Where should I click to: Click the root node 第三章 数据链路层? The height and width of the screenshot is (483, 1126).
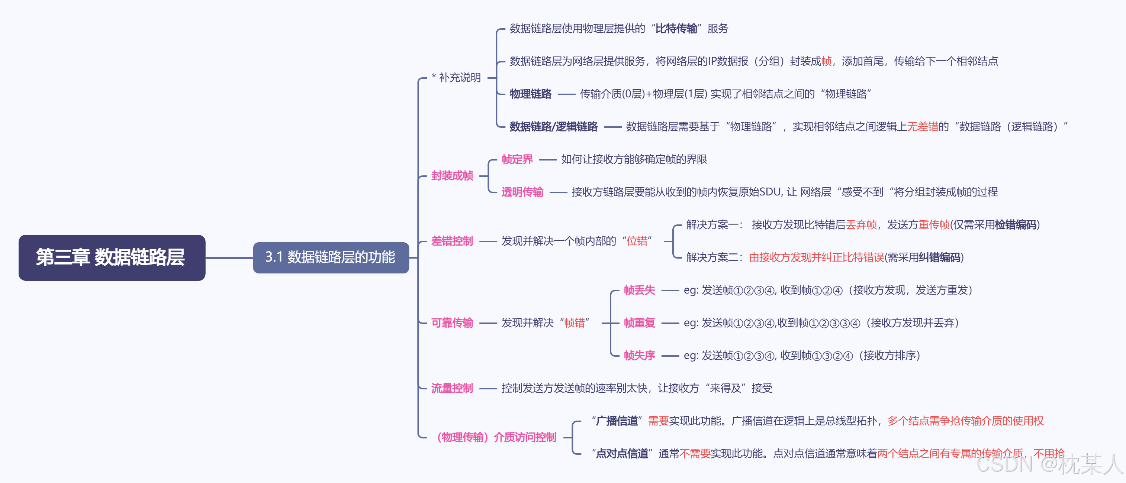[112, 257]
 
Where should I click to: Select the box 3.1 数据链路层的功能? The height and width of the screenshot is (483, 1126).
[331, 257]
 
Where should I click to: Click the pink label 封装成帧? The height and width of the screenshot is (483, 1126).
[452, 176]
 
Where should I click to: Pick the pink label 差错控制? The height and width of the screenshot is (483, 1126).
[452, 241]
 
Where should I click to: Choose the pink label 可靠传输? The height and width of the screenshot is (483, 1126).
[452, 323]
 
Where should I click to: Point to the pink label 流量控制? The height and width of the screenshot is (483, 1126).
[452, 388]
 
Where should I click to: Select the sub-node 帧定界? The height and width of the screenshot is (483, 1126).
[517, 159]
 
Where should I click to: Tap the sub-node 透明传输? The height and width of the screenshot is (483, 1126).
[522, 192]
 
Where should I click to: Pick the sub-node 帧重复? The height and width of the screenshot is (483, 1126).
[640, 323]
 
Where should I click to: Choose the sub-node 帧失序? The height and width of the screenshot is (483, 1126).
[640, 356]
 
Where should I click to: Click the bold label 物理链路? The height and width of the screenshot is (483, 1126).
[531, 94]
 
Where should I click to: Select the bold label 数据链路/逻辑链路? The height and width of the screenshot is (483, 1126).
[553, 127]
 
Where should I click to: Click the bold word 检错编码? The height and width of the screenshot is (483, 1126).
[1016, 225]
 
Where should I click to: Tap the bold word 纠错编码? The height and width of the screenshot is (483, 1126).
[939, 257]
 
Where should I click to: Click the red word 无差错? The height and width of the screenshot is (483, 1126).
[922, 127]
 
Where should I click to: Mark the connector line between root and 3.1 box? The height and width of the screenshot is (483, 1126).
[229, 257]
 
